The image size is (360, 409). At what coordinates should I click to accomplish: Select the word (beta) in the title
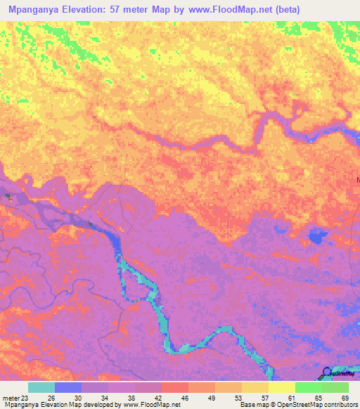click(290, 10)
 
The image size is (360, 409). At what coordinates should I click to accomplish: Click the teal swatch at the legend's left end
click(41, 387)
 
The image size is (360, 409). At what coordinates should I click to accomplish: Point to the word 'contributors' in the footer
click(338, 405)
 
